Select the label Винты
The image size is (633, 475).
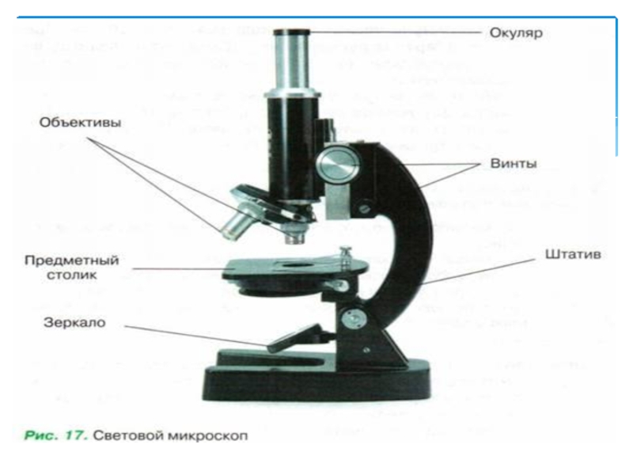[514, 164]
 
